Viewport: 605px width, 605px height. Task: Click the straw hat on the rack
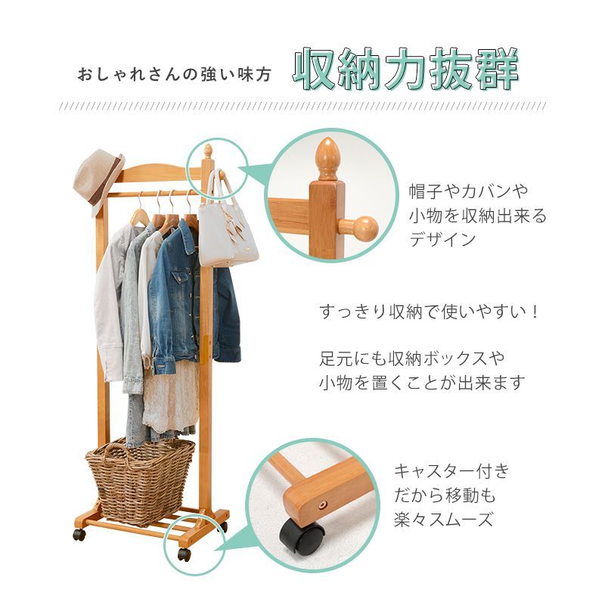[x=98, y=178]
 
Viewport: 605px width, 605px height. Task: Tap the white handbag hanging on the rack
[x=226, y=227]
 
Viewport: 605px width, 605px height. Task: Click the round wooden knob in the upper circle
[x=362, y=228]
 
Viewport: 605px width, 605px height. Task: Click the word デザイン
[x=443, y=240]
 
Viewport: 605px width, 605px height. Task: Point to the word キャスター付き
[x=451, y=472]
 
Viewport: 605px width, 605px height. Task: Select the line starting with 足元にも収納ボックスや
[x=412, y=358]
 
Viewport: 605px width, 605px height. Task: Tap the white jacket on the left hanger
[x=112, y=302]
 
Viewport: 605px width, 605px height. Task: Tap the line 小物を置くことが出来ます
[x=421, y=383]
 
